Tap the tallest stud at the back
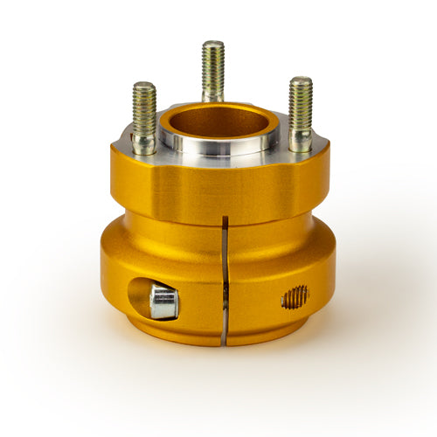[212, 70]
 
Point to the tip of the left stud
[144, 85]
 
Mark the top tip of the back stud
[212, 43]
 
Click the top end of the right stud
[300, 80]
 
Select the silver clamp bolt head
[163, 302]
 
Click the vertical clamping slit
[224, 280]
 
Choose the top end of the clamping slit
[224, 218]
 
